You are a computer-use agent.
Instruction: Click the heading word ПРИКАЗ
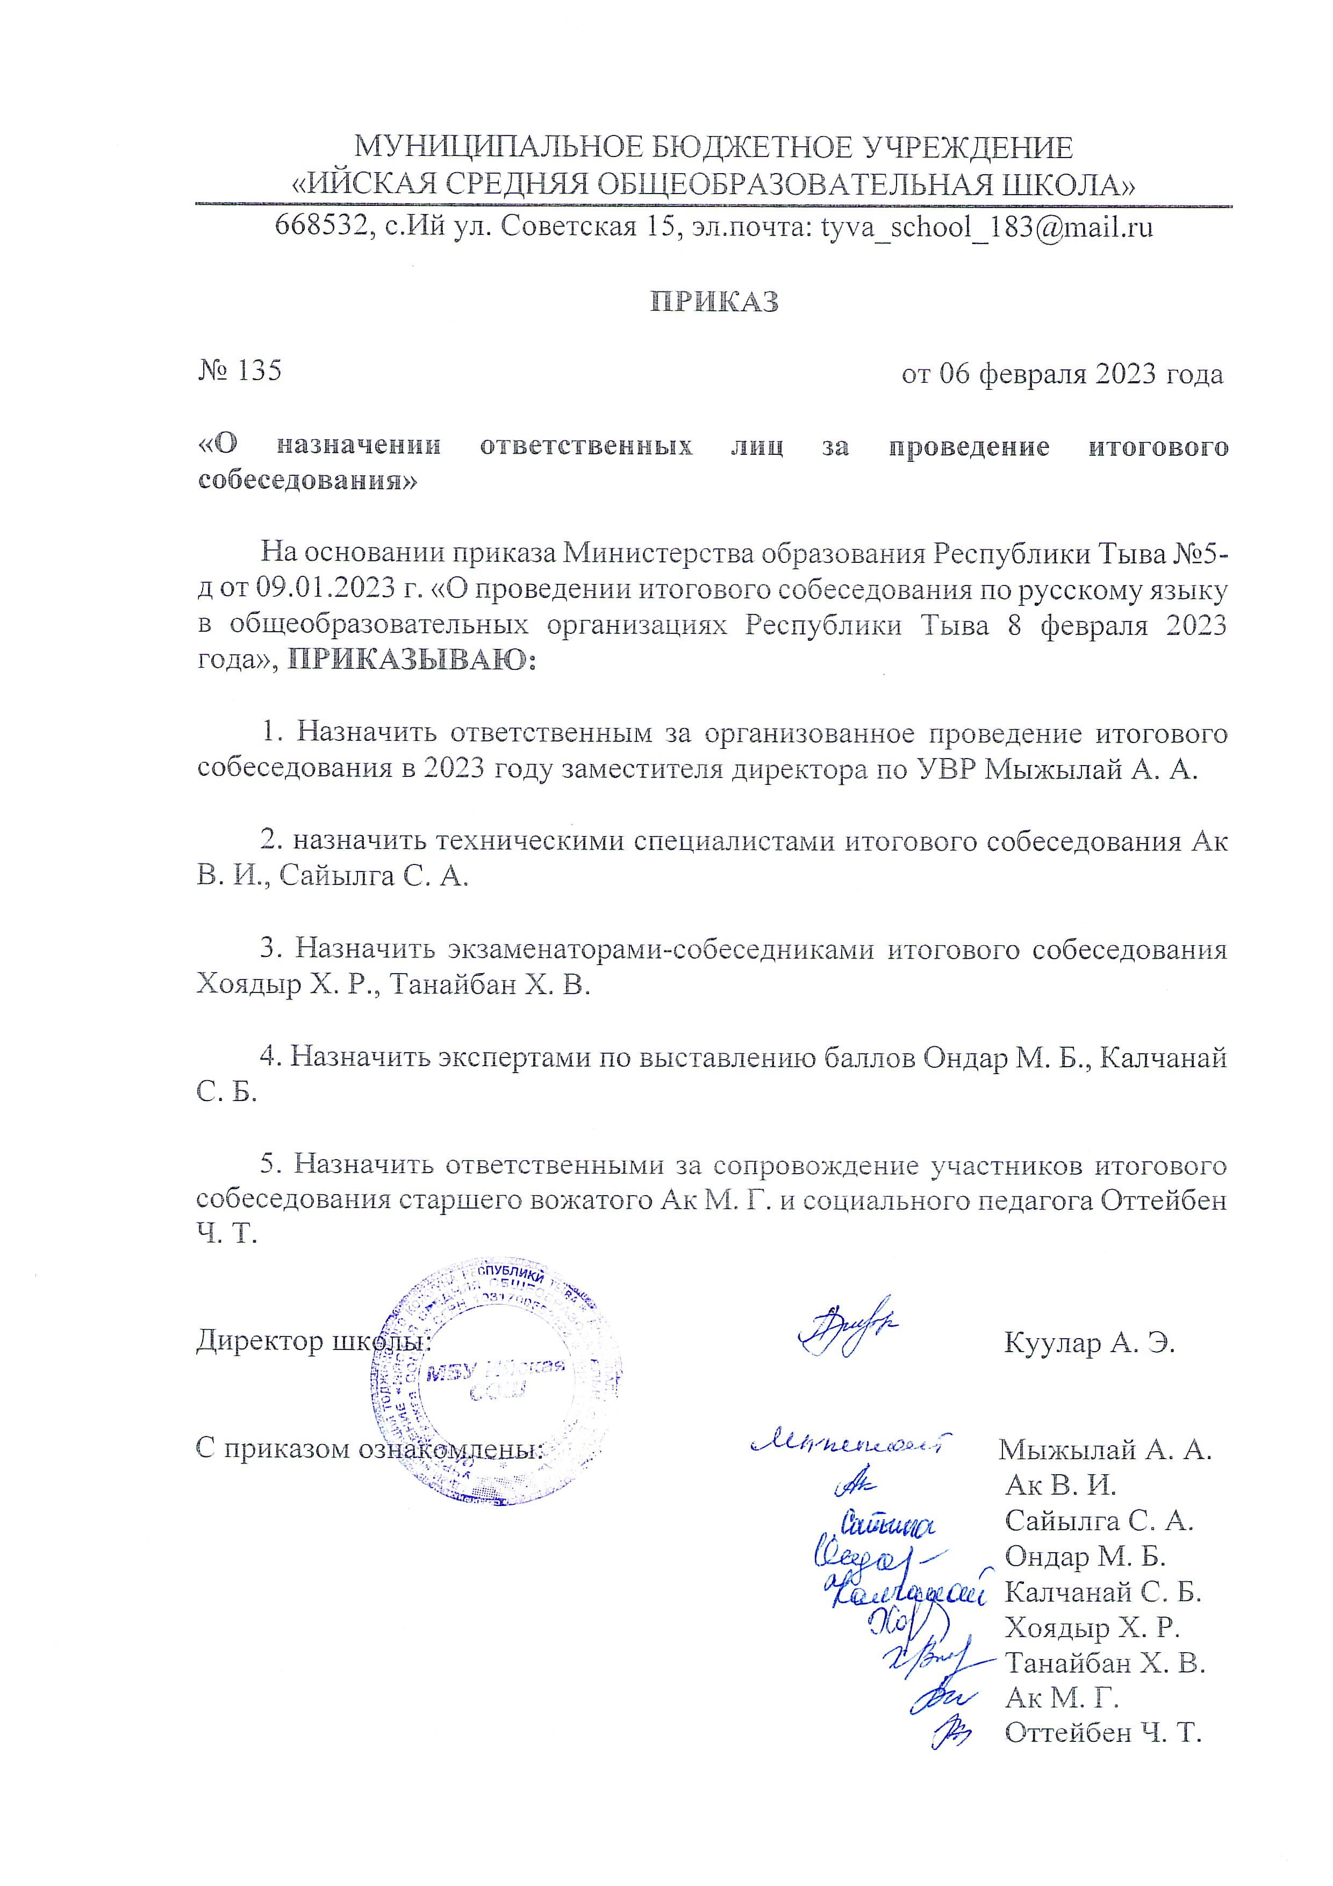point(714,302)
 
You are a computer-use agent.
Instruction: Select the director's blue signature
point(848,1325)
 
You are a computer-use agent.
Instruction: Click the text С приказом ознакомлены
point(370,1448)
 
